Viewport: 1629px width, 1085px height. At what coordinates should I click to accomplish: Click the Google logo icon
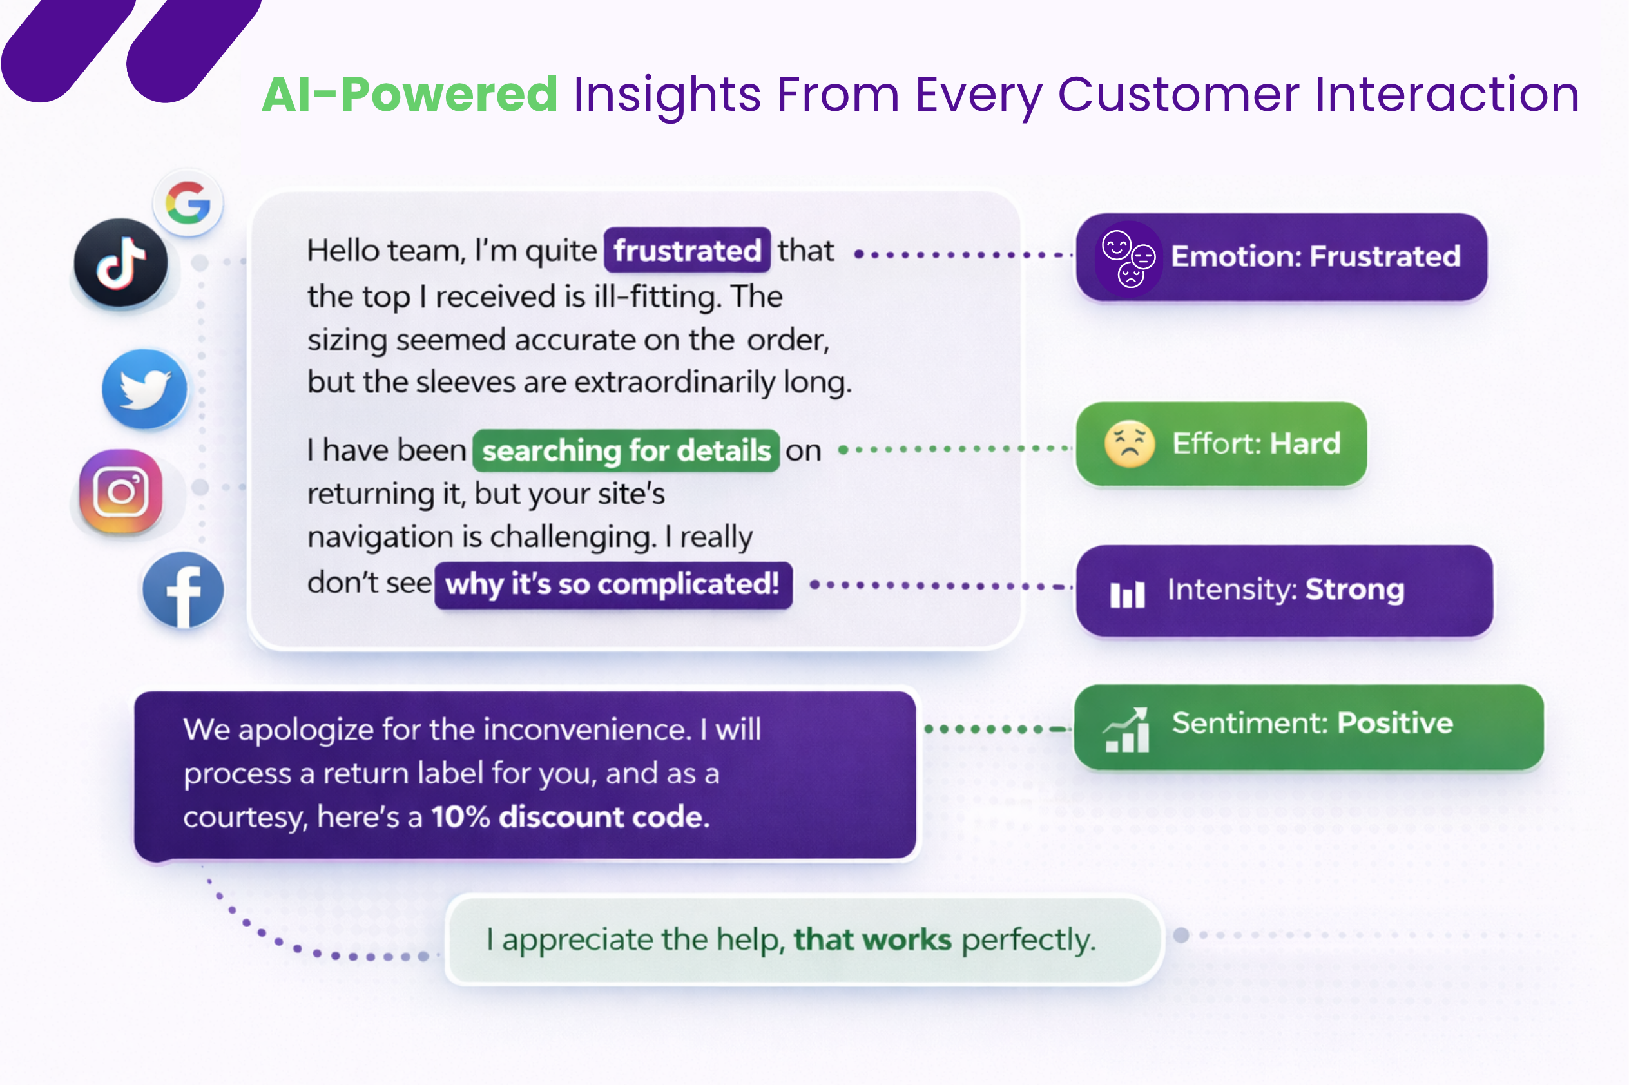188,203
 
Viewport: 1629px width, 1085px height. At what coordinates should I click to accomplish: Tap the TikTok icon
121,263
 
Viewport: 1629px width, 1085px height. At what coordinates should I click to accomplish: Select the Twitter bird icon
144,389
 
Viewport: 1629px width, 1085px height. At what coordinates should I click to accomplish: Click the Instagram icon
121,492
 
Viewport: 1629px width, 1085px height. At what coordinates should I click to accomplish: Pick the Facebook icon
183,590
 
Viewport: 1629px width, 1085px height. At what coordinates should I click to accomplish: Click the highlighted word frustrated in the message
687,250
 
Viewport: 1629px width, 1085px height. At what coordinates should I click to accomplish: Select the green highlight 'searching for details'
626,450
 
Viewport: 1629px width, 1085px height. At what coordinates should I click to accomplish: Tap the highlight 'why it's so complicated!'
613,585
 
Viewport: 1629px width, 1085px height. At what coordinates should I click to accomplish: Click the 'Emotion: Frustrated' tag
1282,256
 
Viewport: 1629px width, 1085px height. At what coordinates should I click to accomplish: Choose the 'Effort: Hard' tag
1221,443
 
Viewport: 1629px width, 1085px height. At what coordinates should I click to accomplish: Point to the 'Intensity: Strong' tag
1284,590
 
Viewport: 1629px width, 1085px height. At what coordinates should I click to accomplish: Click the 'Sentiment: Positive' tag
1309,727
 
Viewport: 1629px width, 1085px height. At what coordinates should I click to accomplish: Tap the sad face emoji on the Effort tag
1130,443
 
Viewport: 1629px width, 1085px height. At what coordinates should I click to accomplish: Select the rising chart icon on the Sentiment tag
1126,729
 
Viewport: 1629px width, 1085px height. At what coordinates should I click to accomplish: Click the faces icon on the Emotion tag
1129,259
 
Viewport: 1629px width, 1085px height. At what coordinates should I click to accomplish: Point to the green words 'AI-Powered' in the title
410,94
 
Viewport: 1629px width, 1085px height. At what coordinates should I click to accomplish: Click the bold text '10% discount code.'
570,817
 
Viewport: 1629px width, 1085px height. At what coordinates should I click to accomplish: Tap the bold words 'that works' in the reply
872,939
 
